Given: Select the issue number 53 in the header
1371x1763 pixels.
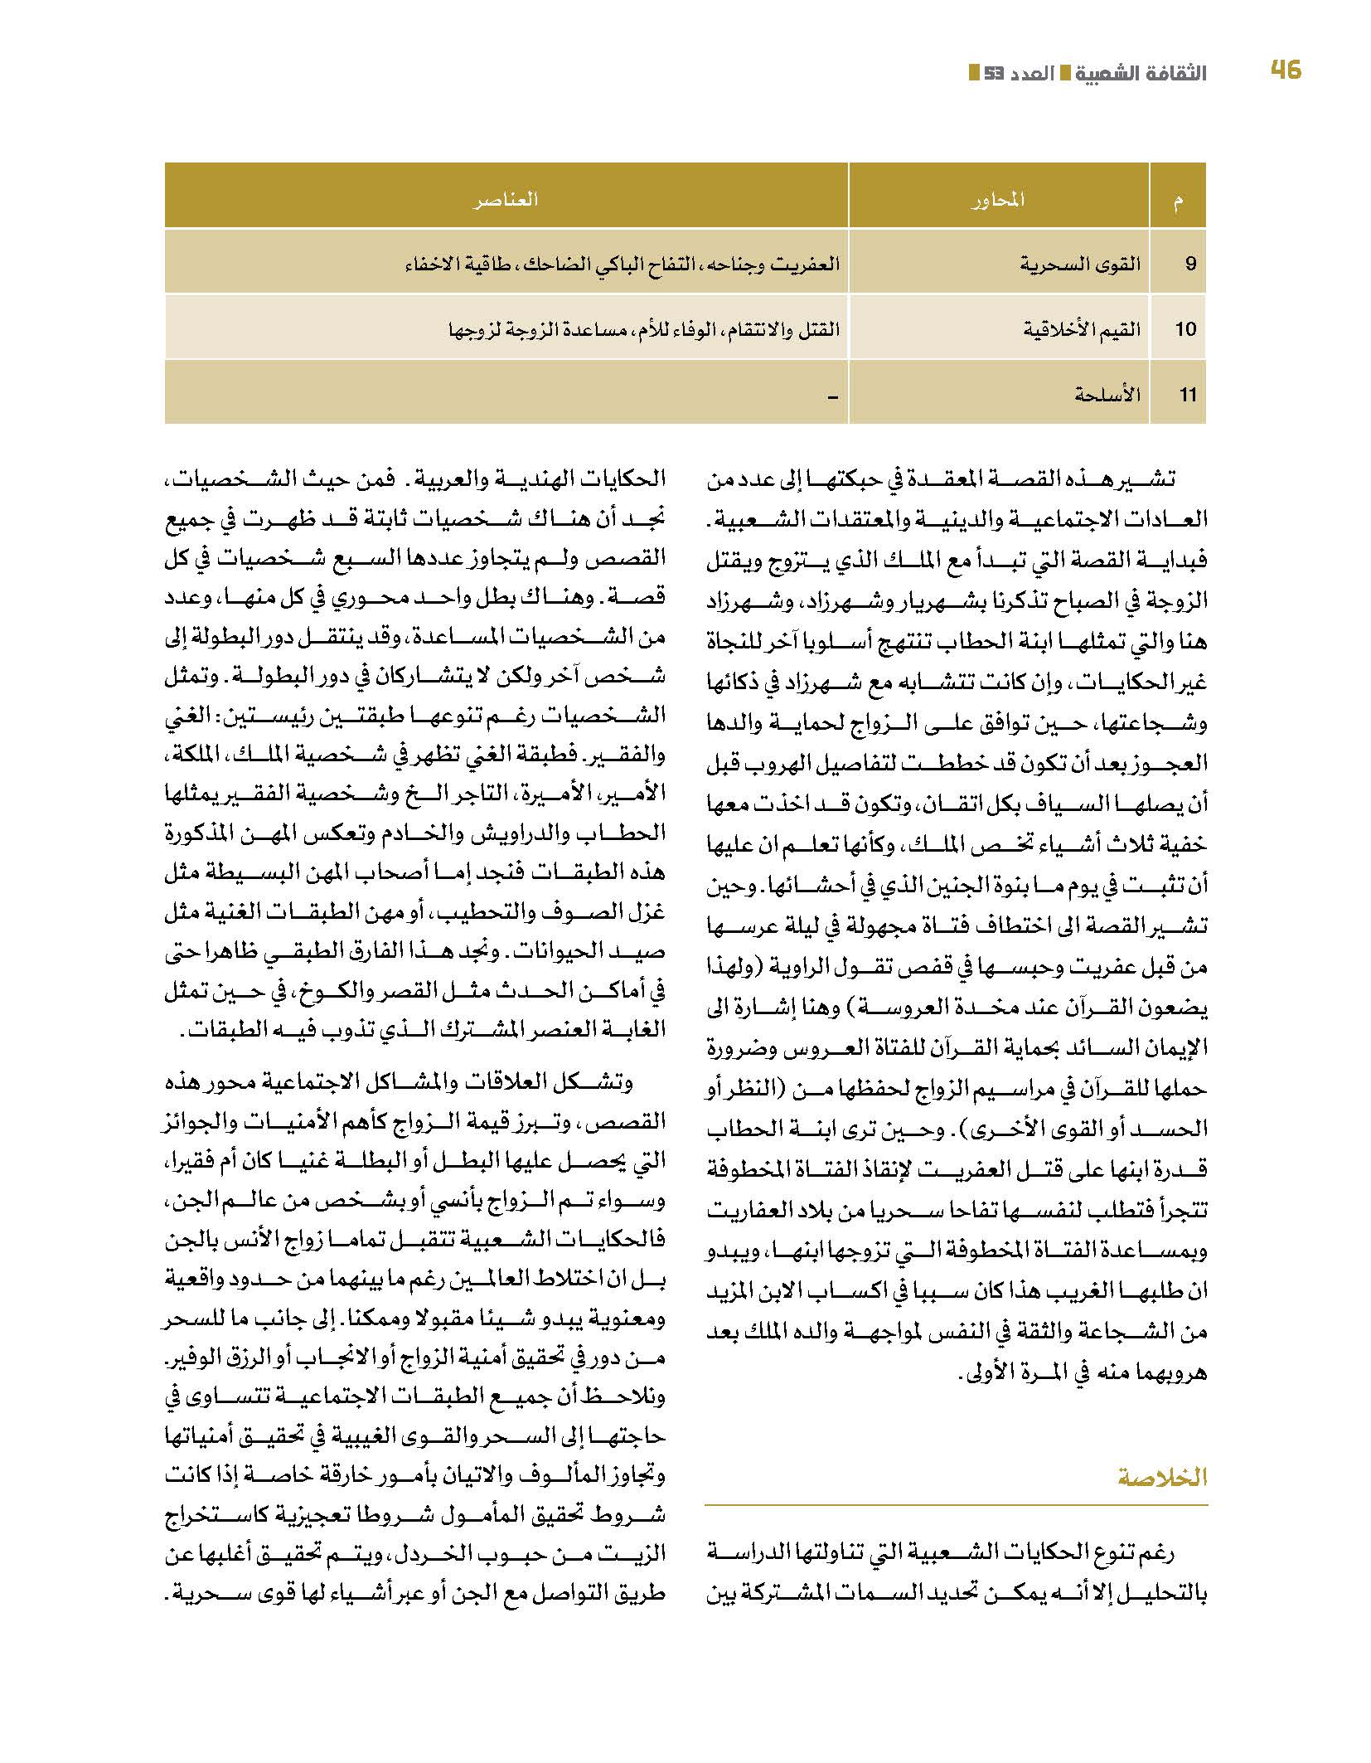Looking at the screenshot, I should coord(993,73).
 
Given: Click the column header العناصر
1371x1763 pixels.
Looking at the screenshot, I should coord(506,199).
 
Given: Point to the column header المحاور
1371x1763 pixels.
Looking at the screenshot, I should coord(998,199).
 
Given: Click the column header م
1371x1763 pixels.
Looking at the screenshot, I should coord(1178,199).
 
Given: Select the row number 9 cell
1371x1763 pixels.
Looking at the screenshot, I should coord(1190,265).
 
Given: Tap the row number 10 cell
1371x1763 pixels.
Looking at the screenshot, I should coord(1185,329).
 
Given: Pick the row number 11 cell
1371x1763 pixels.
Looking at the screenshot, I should coord(1188,394).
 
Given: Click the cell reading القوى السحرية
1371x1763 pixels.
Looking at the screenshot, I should coord(1079,265).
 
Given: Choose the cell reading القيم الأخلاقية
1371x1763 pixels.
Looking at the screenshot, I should coord(1081,329).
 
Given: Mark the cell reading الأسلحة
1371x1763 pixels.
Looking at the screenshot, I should coord(1107,394).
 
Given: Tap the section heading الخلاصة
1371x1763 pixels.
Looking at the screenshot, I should coord(1162,1477).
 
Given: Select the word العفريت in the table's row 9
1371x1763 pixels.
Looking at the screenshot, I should coord(808,265).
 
